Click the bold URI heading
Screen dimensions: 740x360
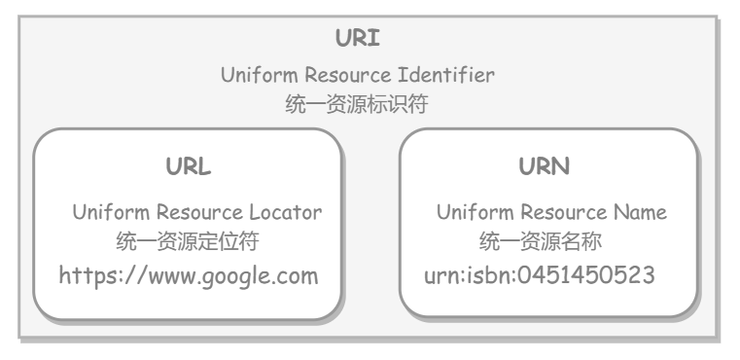[357, 38]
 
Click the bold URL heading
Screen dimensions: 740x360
[189, 166]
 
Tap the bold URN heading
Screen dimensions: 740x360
[545, 166]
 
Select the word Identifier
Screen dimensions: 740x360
[446, 75]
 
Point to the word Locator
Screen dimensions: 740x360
[286, 212]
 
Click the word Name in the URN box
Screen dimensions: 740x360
[640, 212]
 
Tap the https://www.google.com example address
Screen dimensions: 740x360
[189, 276]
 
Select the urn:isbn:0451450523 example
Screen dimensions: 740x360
[540, 275]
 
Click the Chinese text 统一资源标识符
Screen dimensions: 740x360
[357, 103]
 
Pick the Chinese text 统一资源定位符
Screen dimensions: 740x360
[188, 241]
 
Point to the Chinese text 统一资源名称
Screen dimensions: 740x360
[541, 241]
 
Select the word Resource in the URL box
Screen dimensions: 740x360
[199, 212]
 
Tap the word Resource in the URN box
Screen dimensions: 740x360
[563, 212]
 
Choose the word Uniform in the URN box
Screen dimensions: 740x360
[475, 212]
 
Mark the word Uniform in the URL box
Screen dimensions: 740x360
[111, 212]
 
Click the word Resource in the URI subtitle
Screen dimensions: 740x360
[348, 75]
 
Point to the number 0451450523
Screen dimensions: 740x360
[586, 275]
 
